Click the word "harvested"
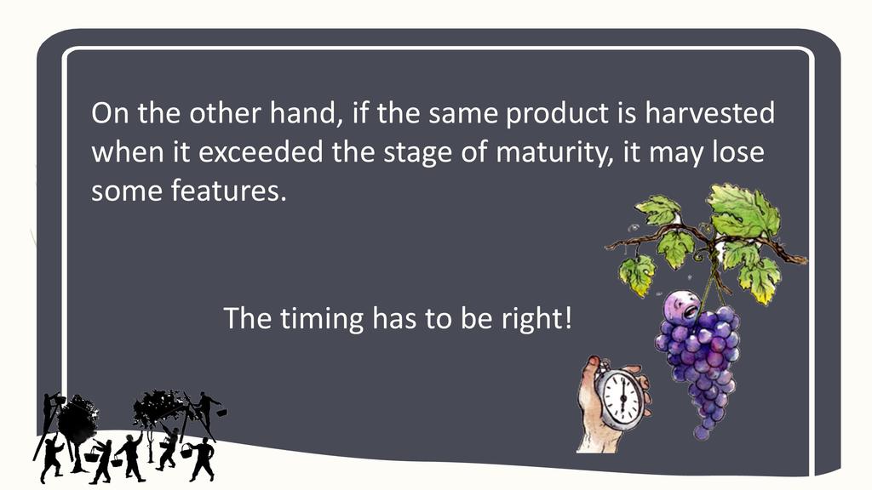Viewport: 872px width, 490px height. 709,113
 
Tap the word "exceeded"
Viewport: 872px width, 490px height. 261,151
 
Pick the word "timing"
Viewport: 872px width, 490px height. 321,320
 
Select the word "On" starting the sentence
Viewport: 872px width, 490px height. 110,113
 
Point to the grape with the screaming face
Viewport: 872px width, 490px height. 682,305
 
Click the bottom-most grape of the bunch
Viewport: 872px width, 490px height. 702,431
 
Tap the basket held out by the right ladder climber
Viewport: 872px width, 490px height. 221,413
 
